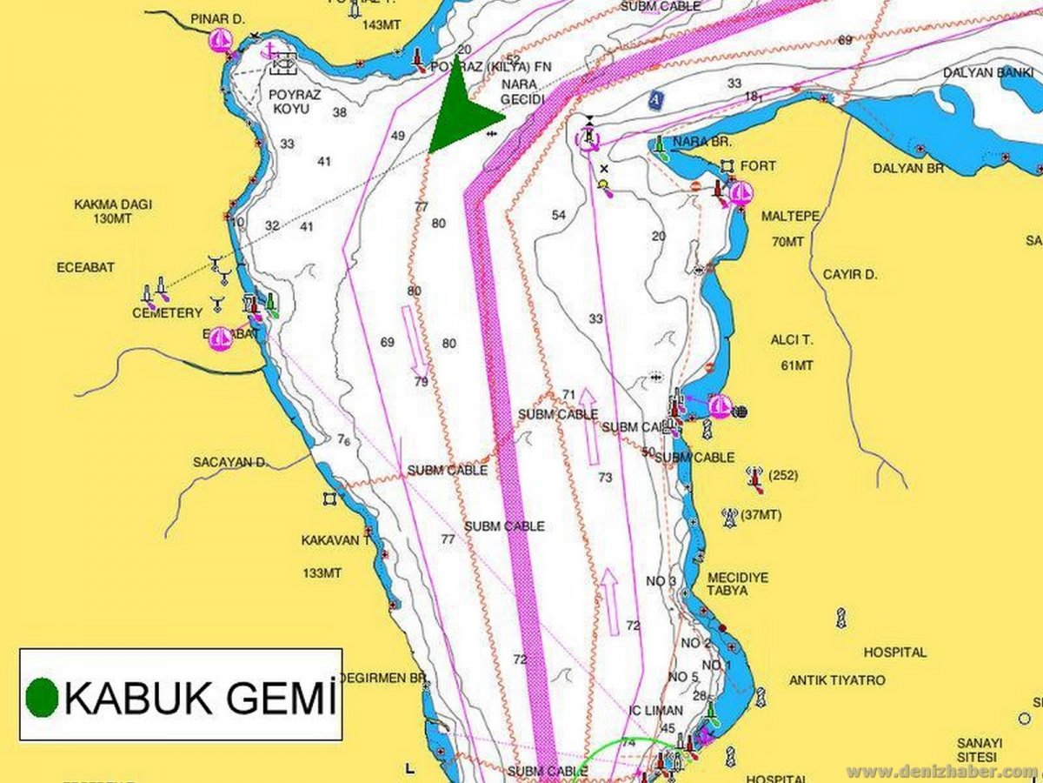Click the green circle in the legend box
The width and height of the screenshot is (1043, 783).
(42, 696)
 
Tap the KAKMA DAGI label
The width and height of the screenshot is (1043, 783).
(113, 211)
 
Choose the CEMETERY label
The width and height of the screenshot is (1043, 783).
(167, 313)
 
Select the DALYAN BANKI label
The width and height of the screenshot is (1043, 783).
(988, 72)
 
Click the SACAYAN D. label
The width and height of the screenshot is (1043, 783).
(230, 462)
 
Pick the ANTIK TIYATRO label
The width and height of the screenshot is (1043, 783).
(837, 679)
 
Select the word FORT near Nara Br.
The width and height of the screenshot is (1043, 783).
(760, 165)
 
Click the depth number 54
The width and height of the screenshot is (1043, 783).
(558, 215)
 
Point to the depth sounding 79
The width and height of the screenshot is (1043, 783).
(421, 381)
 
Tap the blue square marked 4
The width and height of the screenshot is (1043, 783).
(654, 101)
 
